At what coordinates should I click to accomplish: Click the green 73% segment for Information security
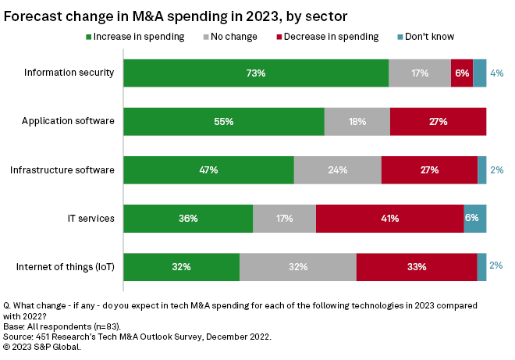[256, 73]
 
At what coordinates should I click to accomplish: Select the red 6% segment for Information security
[461, 73]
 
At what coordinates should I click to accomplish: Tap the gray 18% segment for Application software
[357, 122]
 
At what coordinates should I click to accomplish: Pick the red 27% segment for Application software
[438, 122]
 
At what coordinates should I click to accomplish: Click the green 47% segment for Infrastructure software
[208, 170]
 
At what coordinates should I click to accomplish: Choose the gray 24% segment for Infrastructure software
[337, 170]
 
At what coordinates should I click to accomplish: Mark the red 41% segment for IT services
[389, 219]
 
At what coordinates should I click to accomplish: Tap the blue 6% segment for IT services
[474, 219]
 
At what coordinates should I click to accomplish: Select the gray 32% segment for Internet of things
[297, 267]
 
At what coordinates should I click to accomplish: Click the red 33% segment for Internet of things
[416, 267]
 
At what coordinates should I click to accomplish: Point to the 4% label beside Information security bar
[496, 73]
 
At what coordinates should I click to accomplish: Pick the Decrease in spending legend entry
[328, 36]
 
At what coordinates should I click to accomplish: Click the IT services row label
[93, 219]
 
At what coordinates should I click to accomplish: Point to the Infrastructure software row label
[62, 170]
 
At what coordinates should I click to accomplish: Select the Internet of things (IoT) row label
[66, 267]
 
